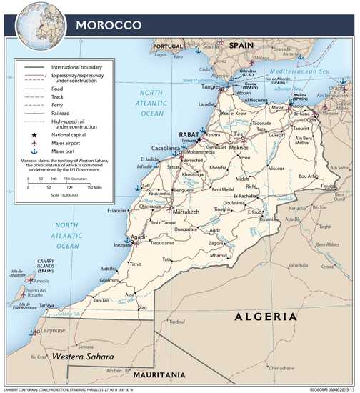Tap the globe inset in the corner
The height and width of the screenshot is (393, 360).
(36, 21)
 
